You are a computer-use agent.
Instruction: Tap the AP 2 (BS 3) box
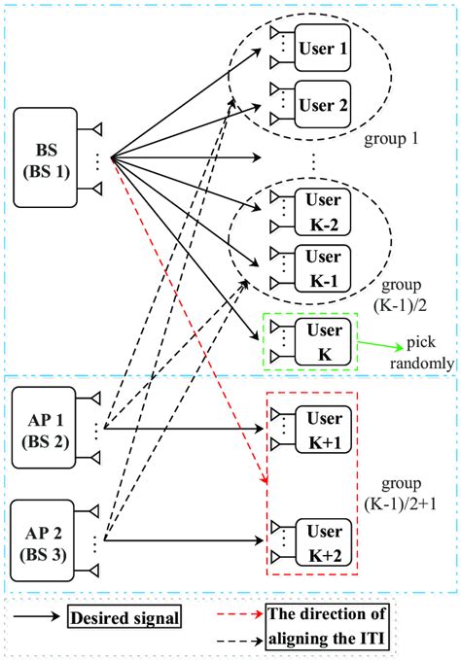tap(45, 538)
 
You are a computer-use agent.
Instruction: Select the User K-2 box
tap(321, 206)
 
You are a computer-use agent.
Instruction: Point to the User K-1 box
tap(321, 266)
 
